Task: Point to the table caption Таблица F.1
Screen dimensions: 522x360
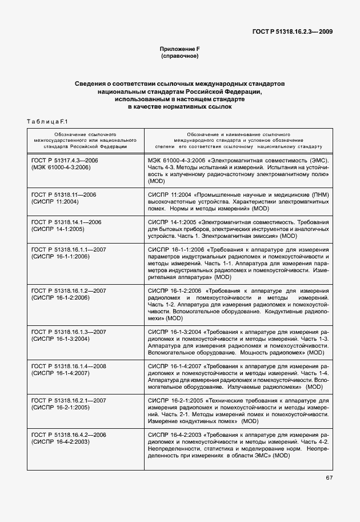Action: click(x=47, y=121)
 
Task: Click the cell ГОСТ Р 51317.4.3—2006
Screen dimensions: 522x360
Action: click(x=65, y=161)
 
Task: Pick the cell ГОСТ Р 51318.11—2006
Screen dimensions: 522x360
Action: click(x=63, y=195)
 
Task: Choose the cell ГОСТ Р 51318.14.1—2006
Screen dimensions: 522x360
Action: click(x=66, y=222)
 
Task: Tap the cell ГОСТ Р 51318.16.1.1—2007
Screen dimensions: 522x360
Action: click(x=69, y=250)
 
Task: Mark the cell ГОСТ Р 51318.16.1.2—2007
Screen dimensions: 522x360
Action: click(x=69, y=291)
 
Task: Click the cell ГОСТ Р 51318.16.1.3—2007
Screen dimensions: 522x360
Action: click(x=69, y=332)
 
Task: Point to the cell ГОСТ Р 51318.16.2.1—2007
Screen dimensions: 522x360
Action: click(x=69, y=401)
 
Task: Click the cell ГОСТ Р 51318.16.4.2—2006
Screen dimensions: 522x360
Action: click(x=69, y=435)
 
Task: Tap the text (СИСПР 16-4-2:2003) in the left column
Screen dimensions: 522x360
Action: click(x=61, y=442)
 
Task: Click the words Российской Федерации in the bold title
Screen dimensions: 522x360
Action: click(x=225, y=91)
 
